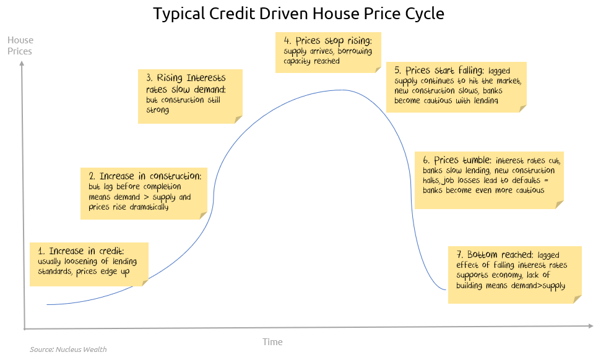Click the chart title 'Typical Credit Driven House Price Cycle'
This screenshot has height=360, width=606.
[x=298, y=14]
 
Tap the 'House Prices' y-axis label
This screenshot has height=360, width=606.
[x=20, y=46]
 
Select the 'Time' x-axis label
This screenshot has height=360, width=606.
[x=272, y=342]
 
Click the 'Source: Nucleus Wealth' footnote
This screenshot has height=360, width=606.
[x=68, y=349]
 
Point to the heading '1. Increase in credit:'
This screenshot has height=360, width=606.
[x=80, y=251]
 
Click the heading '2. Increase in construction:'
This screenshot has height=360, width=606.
[x=145, y=176]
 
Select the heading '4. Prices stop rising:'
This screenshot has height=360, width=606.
[x=327, y=41]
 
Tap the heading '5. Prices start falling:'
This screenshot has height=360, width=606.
[x=439, y=71]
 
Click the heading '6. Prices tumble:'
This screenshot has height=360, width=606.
[x=457, y=160]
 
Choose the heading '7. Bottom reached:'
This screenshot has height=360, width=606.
[x=495, y=255]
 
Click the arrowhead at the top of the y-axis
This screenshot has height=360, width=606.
[x=22, y=64]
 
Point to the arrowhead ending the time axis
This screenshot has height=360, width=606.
[x=591, y=326]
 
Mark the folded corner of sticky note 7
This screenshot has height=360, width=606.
[x=577, y=299]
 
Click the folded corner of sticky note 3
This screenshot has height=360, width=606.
[x=238, y=119]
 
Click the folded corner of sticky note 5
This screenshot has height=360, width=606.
[x=522, y=108]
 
